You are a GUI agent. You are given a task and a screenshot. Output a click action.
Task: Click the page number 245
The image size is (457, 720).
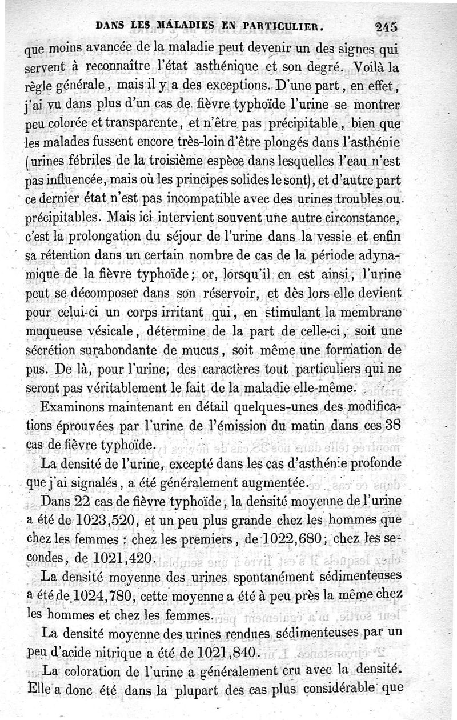387,26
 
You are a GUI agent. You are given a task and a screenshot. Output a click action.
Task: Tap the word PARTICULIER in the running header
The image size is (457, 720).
286,25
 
